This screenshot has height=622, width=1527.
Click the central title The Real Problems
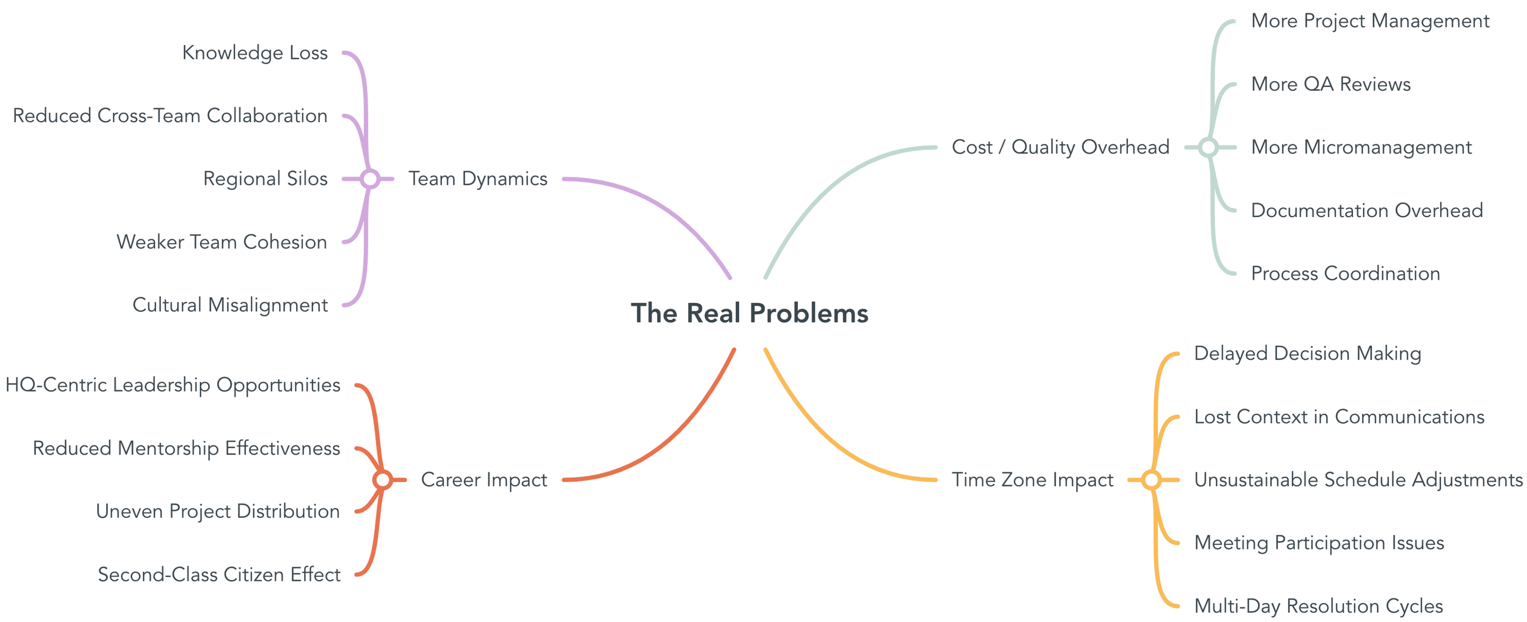[749, 313]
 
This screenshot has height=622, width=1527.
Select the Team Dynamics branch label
[478, 179]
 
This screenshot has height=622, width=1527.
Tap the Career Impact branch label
[484, 479]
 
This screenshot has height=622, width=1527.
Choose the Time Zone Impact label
[1032, 479]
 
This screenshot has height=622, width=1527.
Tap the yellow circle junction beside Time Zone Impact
[1151, 480]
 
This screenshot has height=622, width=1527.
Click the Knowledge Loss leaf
[255, 53]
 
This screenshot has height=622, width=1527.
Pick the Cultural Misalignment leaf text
[229, 304]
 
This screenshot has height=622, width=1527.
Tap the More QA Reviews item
[1331, 84]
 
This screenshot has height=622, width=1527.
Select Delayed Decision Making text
[1307, 353]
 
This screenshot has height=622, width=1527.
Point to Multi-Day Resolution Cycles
[1318, 606]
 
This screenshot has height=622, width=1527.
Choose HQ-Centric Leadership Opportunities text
[173, 385]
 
